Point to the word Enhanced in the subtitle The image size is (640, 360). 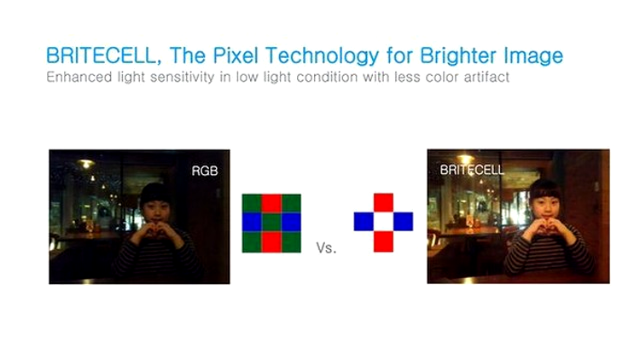click(79, 77)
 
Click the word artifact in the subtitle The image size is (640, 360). click(486, 77)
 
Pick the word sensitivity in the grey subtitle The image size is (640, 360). click(182, 77)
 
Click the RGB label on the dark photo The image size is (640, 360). click(205, 171)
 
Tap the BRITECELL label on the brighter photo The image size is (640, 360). click(472, 170)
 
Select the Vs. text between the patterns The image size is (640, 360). click(326, 247)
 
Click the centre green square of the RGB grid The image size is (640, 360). click(271, 223)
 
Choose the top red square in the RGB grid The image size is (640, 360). click(271, 204)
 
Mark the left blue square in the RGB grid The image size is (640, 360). click(252, 223)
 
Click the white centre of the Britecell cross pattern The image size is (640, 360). click(383, 222)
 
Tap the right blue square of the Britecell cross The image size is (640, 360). click(403, 222)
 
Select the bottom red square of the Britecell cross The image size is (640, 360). click(383, 241)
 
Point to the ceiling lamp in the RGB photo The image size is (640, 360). click(85, 164)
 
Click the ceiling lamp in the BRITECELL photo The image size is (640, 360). click(465, 158)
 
